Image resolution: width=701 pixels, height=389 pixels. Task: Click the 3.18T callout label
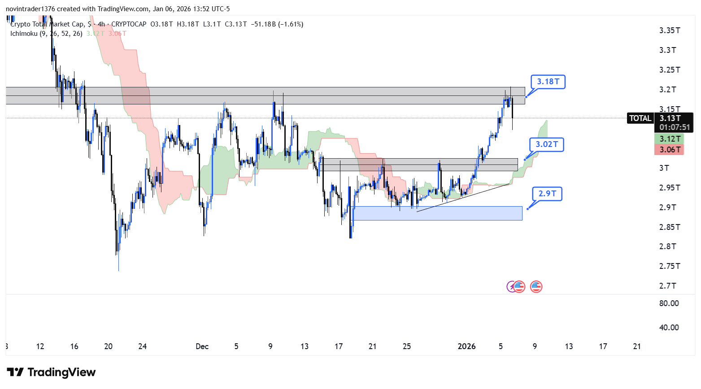coord(548,82)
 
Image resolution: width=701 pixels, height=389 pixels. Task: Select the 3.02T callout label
coord(547,145)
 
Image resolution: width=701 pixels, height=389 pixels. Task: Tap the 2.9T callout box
coord(547,194)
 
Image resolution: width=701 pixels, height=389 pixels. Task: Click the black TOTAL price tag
coord(640,118)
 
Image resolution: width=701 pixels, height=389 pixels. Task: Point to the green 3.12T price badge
coord(669,139)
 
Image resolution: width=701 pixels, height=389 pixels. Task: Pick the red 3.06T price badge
coord(669,150)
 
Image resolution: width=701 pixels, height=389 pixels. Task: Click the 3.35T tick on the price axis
coord(670,30)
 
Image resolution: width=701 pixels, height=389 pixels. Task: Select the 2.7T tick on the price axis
coord(668,286)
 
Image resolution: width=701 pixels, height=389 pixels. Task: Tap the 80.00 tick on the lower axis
coord(669,303)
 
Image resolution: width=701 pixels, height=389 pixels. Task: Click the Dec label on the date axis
coord(202,346)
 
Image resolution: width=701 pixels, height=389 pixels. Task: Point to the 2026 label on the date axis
coord(466,346)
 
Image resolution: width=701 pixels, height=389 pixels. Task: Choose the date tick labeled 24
coord(142,346)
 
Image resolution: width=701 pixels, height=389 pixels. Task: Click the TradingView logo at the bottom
coord(51,372)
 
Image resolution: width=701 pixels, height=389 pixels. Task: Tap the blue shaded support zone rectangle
coord(438,213)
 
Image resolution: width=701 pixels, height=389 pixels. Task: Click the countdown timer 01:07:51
coord(675,128)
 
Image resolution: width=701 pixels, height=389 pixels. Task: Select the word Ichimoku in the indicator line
coord(24,34)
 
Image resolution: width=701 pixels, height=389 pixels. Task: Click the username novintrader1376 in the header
coord(30,9)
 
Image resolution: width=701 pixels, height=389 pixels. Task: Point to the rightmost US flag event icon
coord(536,286)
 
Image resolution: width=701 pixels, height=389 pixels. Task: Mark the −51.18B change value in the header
coord(264,24)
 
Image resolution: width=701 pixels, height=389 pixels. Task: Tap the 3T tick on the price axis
coord(664,168)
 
